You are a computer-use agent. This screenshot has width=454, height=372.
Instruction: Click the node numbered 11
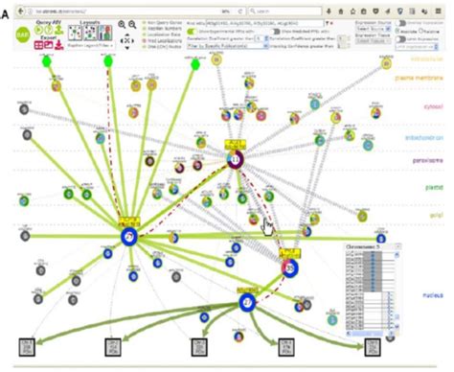[235, 157]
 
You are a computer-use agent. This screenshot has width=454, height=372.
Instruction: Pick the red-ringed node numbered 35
[288, 269]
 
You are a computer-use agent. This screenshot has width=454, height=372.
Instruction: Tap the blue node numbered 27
[247, 303]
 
